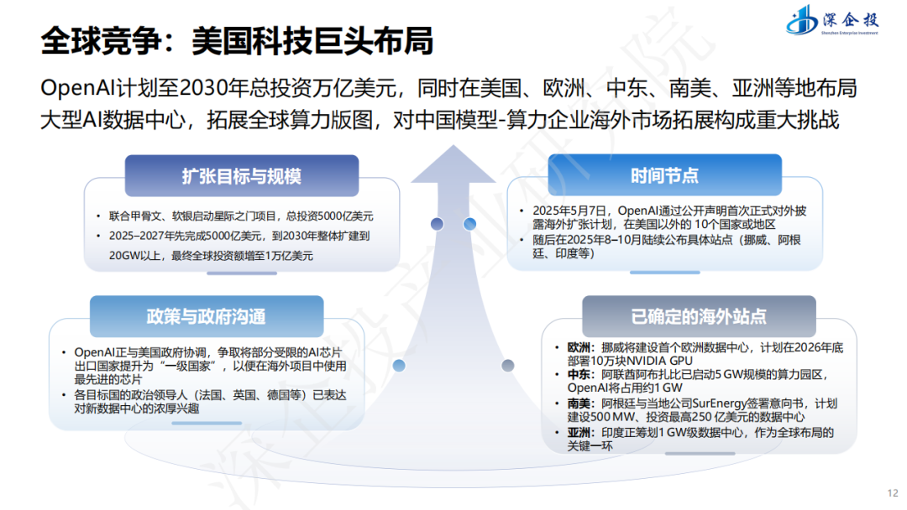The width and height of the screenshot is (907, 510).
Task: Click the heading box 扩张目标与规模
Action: point(241,176)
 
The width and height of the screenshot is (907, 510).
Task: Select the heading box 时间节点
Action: point(664,175)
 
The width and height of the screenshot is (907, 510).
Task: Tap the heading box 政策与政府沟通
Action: point(206,316)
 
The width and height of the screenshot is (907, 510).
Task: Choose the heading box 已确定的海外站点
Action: point(699,316)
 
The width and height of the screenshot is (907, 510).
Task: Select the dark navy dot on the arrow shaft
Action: point(437,224)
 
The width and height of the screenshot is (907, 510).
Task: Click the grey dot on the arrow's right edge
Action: point(507,365)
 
